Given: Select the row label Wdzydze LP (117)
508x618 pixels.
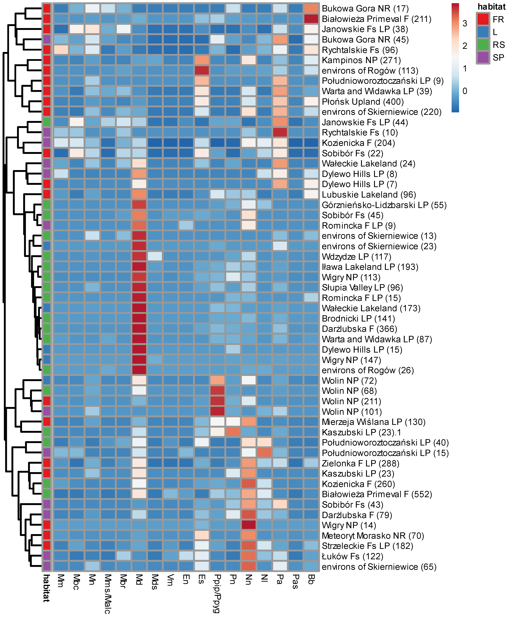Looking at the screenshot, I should click(x=356, y=257).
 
